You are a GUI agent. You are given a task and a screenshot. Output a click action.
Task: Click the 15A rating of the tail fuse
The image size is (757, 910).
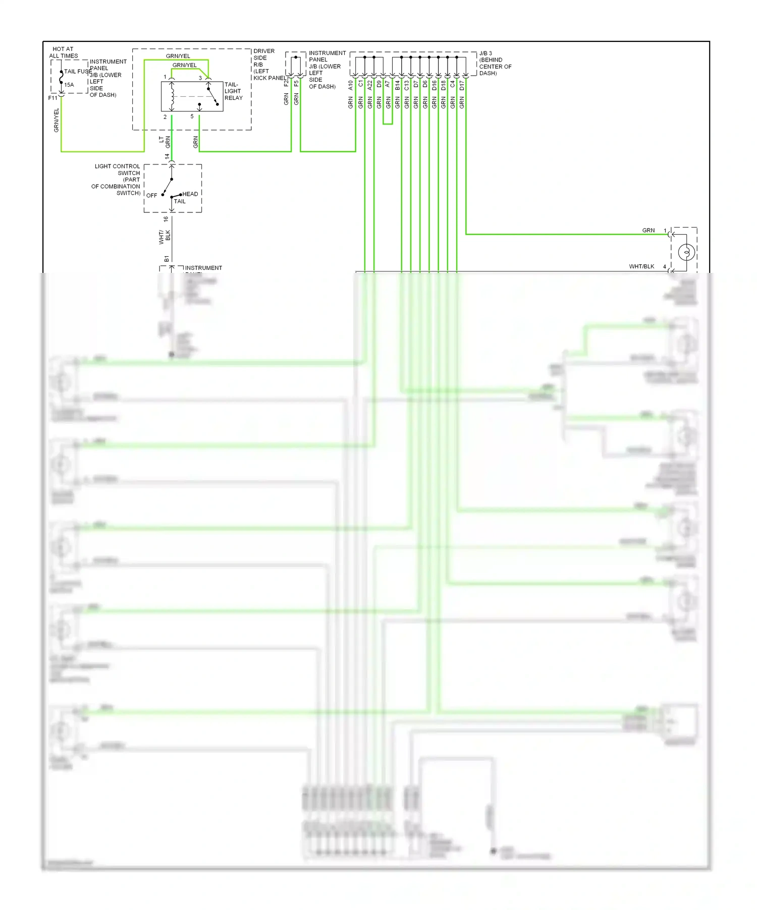pos(69,85)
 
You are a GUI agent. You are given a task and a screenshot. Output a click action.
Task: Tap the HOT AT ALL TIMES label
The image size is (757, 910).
pos(64,52)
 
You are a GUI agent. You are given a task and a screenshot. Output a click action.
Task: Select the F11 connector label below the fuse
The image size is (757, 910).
pos(52,98)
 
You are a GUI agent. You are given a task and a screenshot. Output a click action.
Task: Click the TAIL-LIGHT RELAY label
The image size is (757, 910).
pos(233,91)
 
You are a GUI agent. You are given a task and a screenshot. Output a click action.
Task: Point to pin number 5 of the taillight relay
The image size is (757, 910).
pos(192,117)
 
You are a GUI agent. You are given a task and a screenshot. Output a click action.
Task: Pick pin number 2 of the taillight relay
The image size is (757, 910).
pos(165,117)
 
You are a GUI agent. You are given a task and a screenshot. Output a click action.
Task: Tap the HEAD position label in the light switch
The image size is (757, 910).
pos(190,194)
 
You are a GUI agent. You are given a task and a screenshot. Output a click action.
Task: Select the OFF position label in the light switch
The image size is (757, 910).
pos(152,196)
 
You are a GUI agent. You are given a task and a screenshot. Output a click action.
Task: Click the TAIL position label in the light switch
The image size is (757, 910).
pos(180,201)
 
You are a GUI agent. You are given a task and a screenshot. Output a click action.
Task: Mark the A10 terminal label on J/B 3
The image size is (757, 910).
pos(351,85)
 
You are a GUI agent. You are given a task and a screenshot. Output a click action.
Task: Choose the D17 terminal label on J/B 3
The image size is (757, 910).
pos(462,85)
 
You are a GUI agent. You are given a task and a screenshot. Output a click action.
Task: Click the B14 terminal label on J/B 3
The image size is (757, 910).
pos(397,85)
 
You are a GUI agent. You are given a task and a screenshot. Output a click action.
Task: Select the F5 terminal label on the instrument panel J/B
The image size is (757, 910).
pos(296,83)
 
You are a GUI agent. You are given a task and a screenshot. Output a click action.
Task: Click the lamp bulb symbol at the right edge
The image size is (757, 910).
pos(686,251)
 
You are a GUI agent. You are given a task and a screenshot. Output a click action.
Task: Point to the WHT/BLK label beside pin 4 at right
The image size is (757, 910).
pos(641,266)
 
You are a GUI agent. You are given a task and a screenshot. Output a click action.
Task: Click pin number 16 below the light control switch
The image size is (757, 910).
pos(166,219)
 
